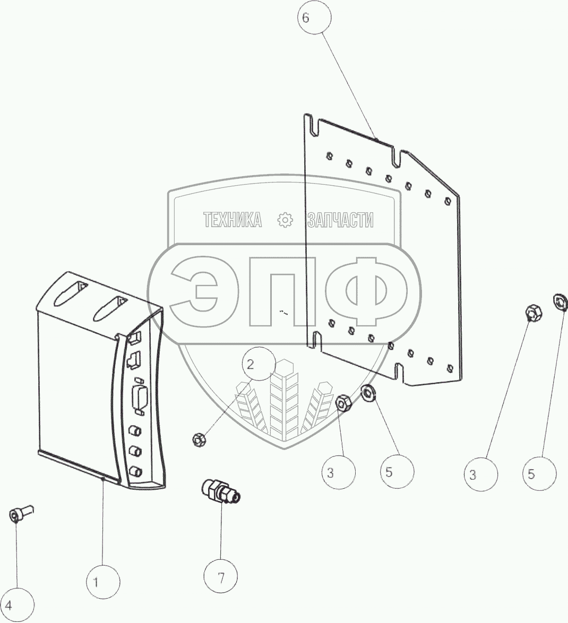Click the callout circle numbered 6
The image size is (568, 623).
313,18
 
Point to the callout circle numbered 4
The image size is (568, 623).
18,605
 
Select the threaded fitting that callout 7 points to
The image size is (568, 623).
220,491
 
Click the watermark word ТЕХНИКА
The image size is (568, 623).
233,220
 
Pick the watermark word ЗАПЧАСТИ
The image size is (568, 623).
340,220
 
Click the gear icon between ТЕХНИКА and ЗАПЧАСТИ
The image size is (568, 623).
285,220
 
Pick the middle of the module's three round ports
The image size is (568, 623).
136,451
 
